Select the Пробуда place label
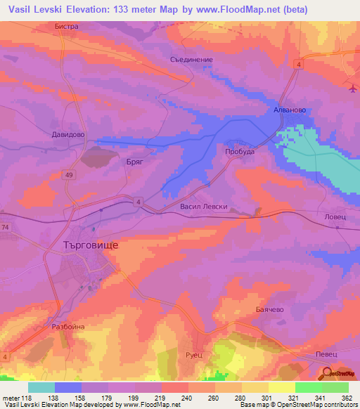coord(239,152)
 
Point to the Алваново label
coord(288,111)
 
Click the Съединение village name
coord(191,60)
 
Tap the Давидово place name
coord(68,134)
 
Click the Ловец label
coord(335,217)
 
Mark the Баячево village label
coord(266,309)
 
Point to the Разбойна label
coord(68,327)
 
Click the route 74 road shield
coord(5,227)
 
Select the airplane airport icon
coord(352,88)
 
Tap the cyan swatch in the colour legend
coord(41,387)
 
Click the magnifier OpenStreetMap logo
coord(326,374)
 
